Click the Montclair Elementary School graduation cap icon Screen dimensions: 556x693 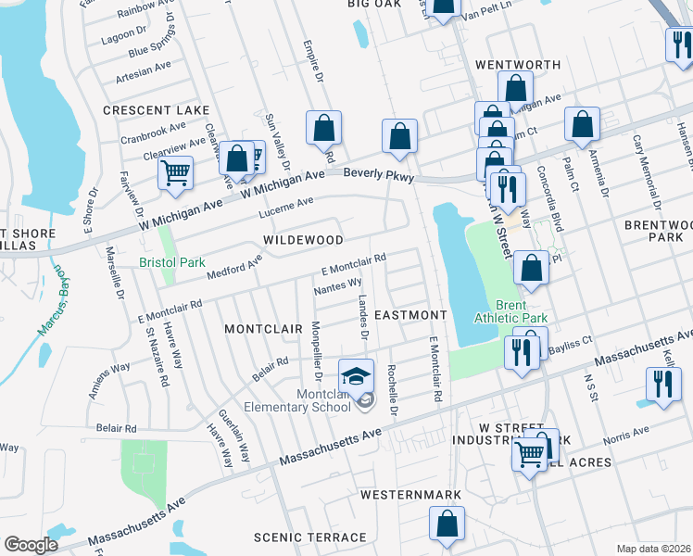click(x=356, y=376)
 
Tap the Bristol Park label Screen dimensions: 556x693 click(x=172, y=262)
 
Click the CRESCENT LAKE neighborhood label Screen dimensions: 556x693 click(x=157, y=110)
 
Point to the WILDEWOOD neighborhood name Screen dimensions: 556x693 click(x=303, y=239)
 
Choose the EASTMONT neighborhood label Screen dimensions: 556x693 click(x=411, y=315)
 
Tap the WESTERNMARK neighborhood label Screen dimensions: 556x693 click(x=410, y=495)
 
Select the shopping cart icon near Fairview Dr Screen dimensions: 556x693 click(x=175, y=173)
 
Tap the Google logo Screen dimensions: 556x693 click(x=31, y=545)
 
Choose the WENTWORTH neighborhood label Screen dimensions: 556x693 click(x=518, y=65)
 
